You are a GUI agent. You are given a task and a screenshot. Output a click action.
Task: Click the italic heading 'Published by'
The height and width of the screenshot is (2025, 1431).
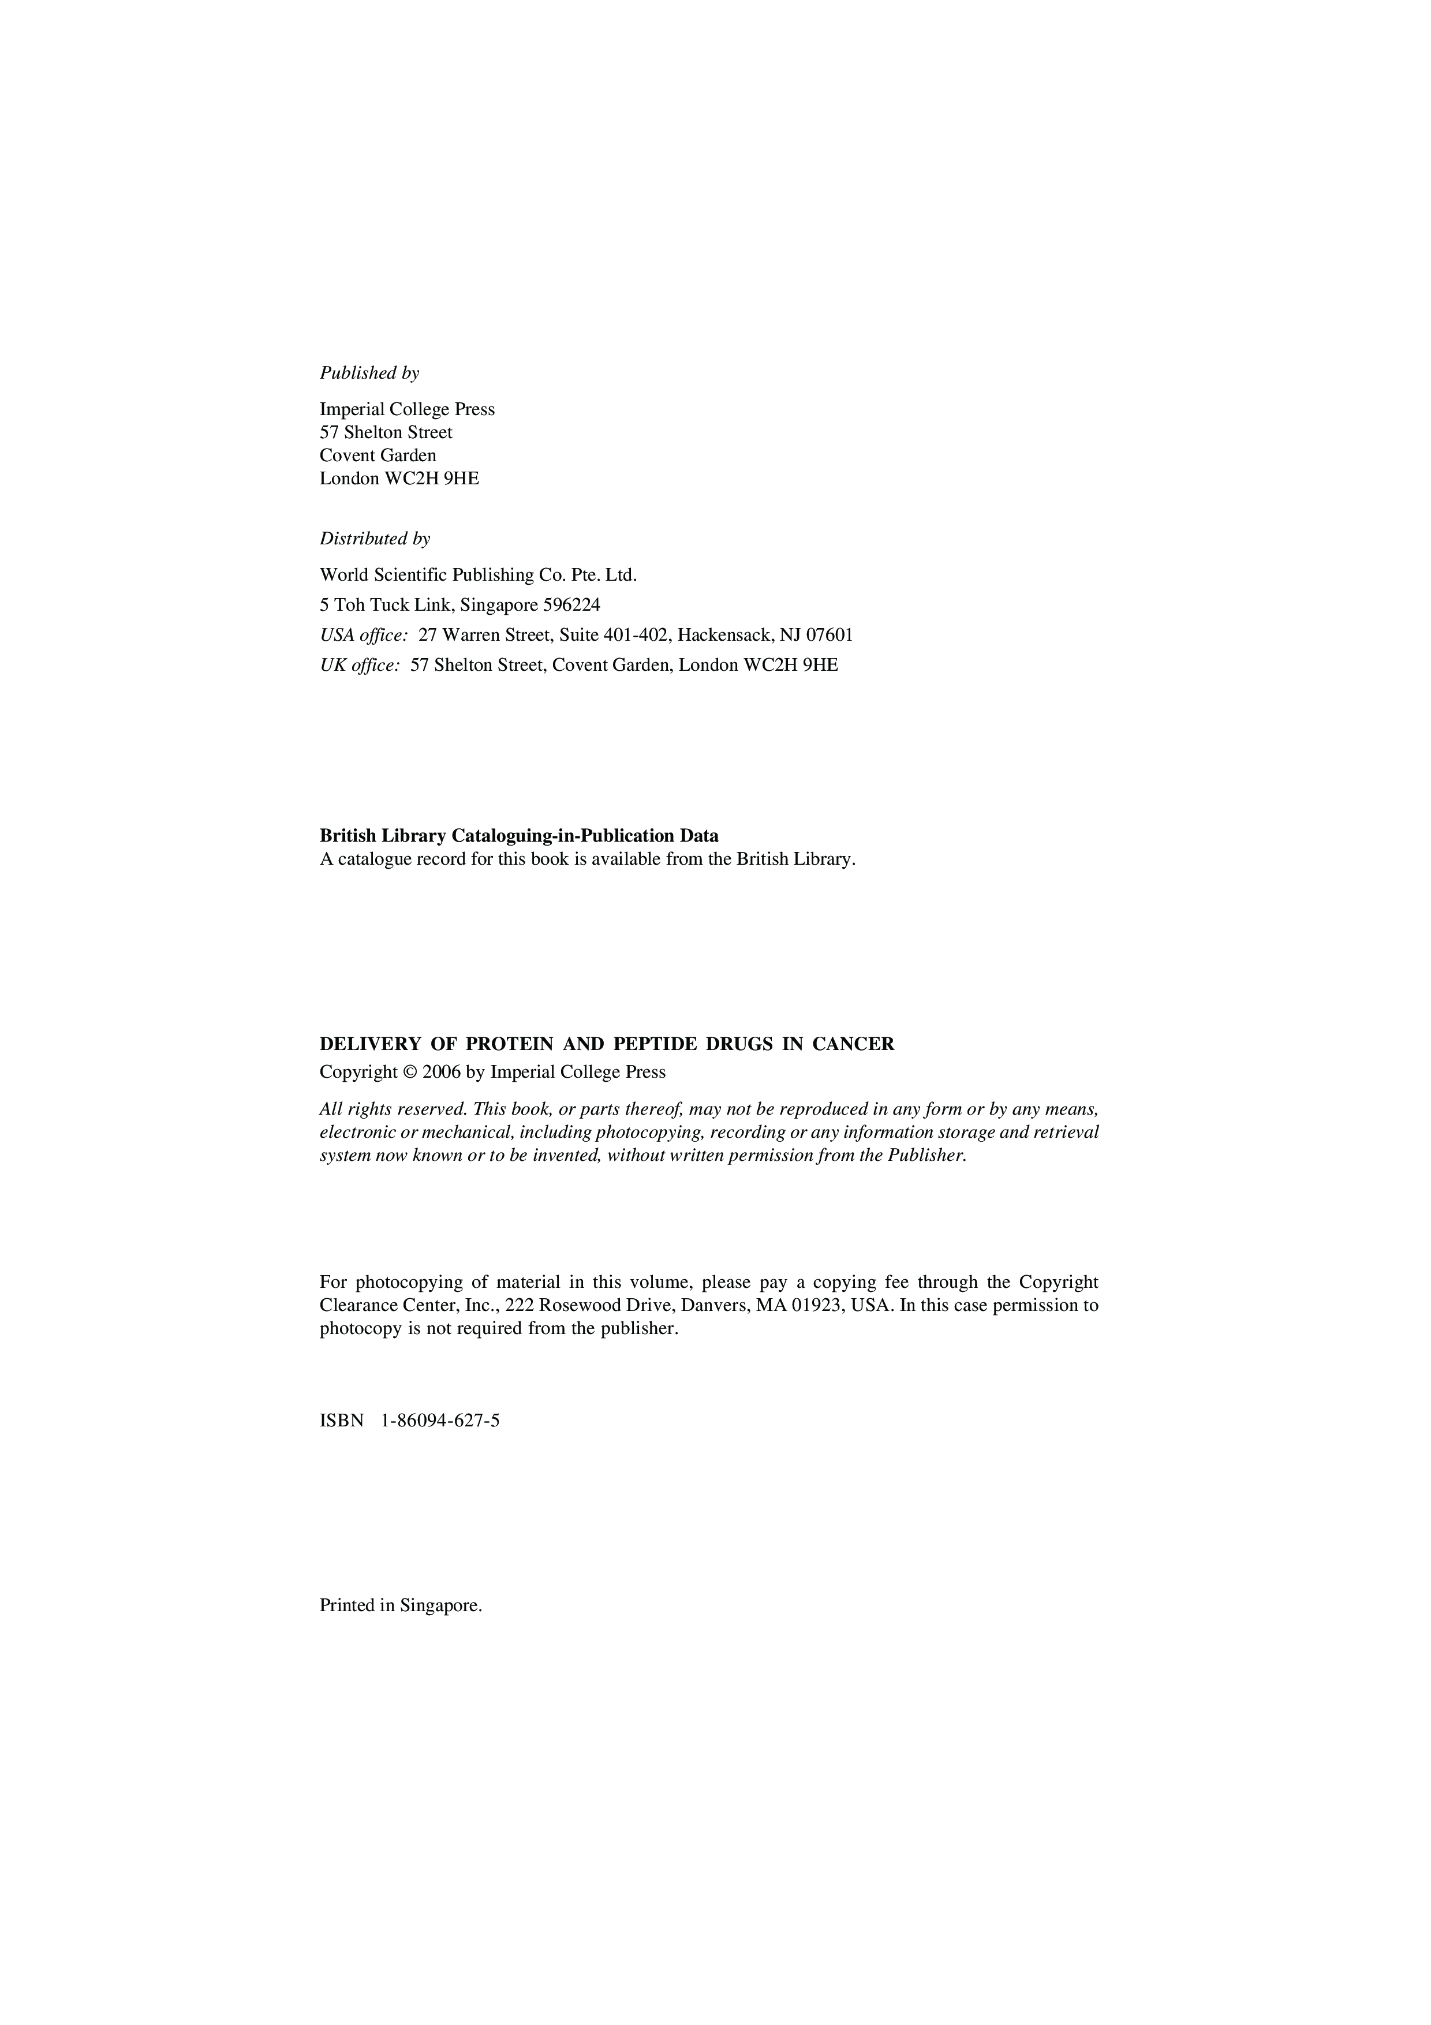point(369,373)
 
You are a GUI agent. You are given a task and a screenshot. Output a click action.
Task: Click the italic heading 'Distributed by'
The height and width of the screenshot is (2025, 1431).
point(375,539)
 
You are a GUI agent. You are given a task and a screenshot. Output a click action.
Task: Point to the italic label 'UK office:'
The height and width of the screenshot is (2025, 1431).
point(360,665)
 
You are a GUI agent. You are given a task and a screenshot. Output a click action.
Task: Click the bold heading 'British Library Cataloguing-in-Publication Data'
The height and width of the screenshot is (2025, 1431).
point(518,835)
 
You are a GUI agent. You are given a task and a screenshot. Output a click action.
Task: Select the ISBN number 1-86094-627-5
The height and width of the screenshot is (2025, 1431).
point(440,1421)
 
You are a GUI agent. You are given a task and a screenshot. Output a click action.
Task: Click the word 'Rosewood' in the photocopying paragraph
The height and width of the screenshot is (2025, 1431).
point(578,1305)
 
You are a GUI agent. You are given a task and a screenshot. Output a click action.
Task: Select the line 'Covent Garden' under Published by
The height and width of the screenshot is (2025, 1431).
point(378,455)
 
